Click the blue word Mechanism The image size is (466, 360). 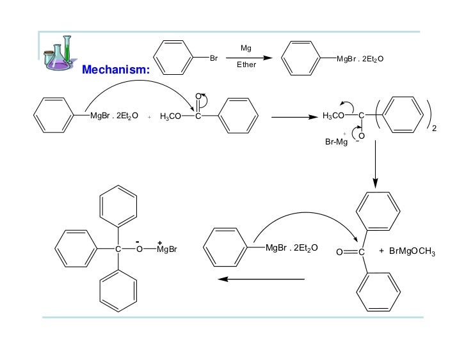coord(115,69)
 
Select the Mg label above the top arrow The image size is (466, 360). coord(246,48)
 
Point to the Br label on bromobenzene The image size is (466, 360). coord(214,58)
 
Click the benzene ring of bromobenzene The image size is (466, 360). coord(173,58)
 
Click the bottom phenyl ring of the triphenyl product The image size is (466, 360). coord(118,290)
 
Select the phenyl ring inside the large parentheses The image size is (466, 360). coord(399,116)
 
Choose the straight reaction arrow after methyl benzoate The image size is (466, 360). coord(294,118)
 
